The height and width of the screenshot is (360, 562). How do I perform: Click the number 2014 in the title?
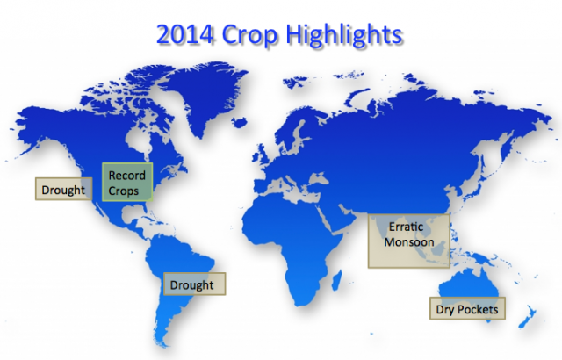tap(185, 34)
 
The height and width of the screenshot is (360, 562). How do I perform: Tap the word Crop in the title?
tap(249, 36)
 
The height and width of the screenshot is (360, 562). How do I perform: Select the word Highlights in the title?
tap(344, 35)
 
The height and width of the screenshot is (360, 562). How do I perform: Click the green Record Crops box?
tap(127, 182)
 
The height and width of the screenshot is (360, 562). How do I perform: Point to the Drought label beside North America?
tap(63, 189)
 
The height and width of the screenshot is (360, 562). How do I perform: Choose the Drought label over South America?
tap(194, 284)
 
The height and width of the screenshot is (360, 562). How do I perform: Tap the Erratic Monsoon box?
tap(409, 241)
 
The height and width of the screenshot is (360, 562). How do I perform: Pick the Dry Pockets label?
tap(467, 308)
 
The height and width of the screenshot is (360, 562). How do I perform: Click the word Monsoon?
tap(409, 242)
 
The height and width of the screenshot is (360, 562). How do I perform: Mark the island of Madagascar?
tap(337, 280)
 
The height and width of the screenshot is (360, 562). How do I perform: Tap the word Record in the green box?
tap(126, 176)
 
